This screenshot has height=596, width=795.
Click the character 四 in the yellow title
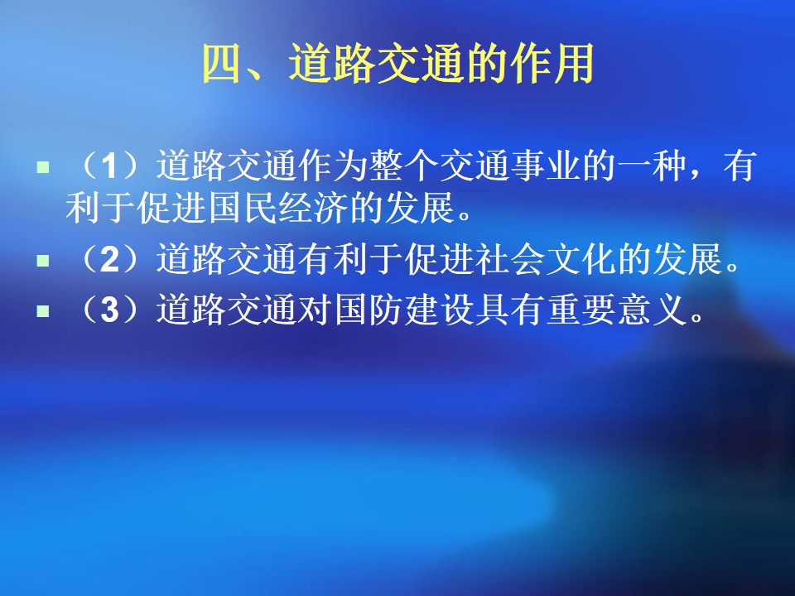(x=221, y=64)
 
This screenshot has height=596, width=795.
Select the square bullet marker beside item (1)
(x=43, y=166)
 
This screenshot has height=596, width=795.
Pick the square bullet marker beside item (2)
(x=43, y=261)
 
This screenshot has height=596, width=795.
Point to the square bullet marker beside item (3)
(x=43, y=310)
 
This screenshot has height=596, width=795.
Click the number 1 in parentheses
(x=109, y=166)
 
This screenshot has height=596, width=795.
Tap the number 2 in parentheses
(x=109, y=259)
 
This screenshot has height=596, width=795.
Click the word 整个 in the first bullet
(x=404, y=166)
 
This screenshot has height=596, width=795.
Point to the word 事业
(x=546, y=166)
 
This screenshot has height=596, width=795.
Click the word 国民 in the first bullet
(x=243, y=208)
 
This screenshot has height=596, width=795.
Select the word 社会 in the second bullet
(x=511, y=259)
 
